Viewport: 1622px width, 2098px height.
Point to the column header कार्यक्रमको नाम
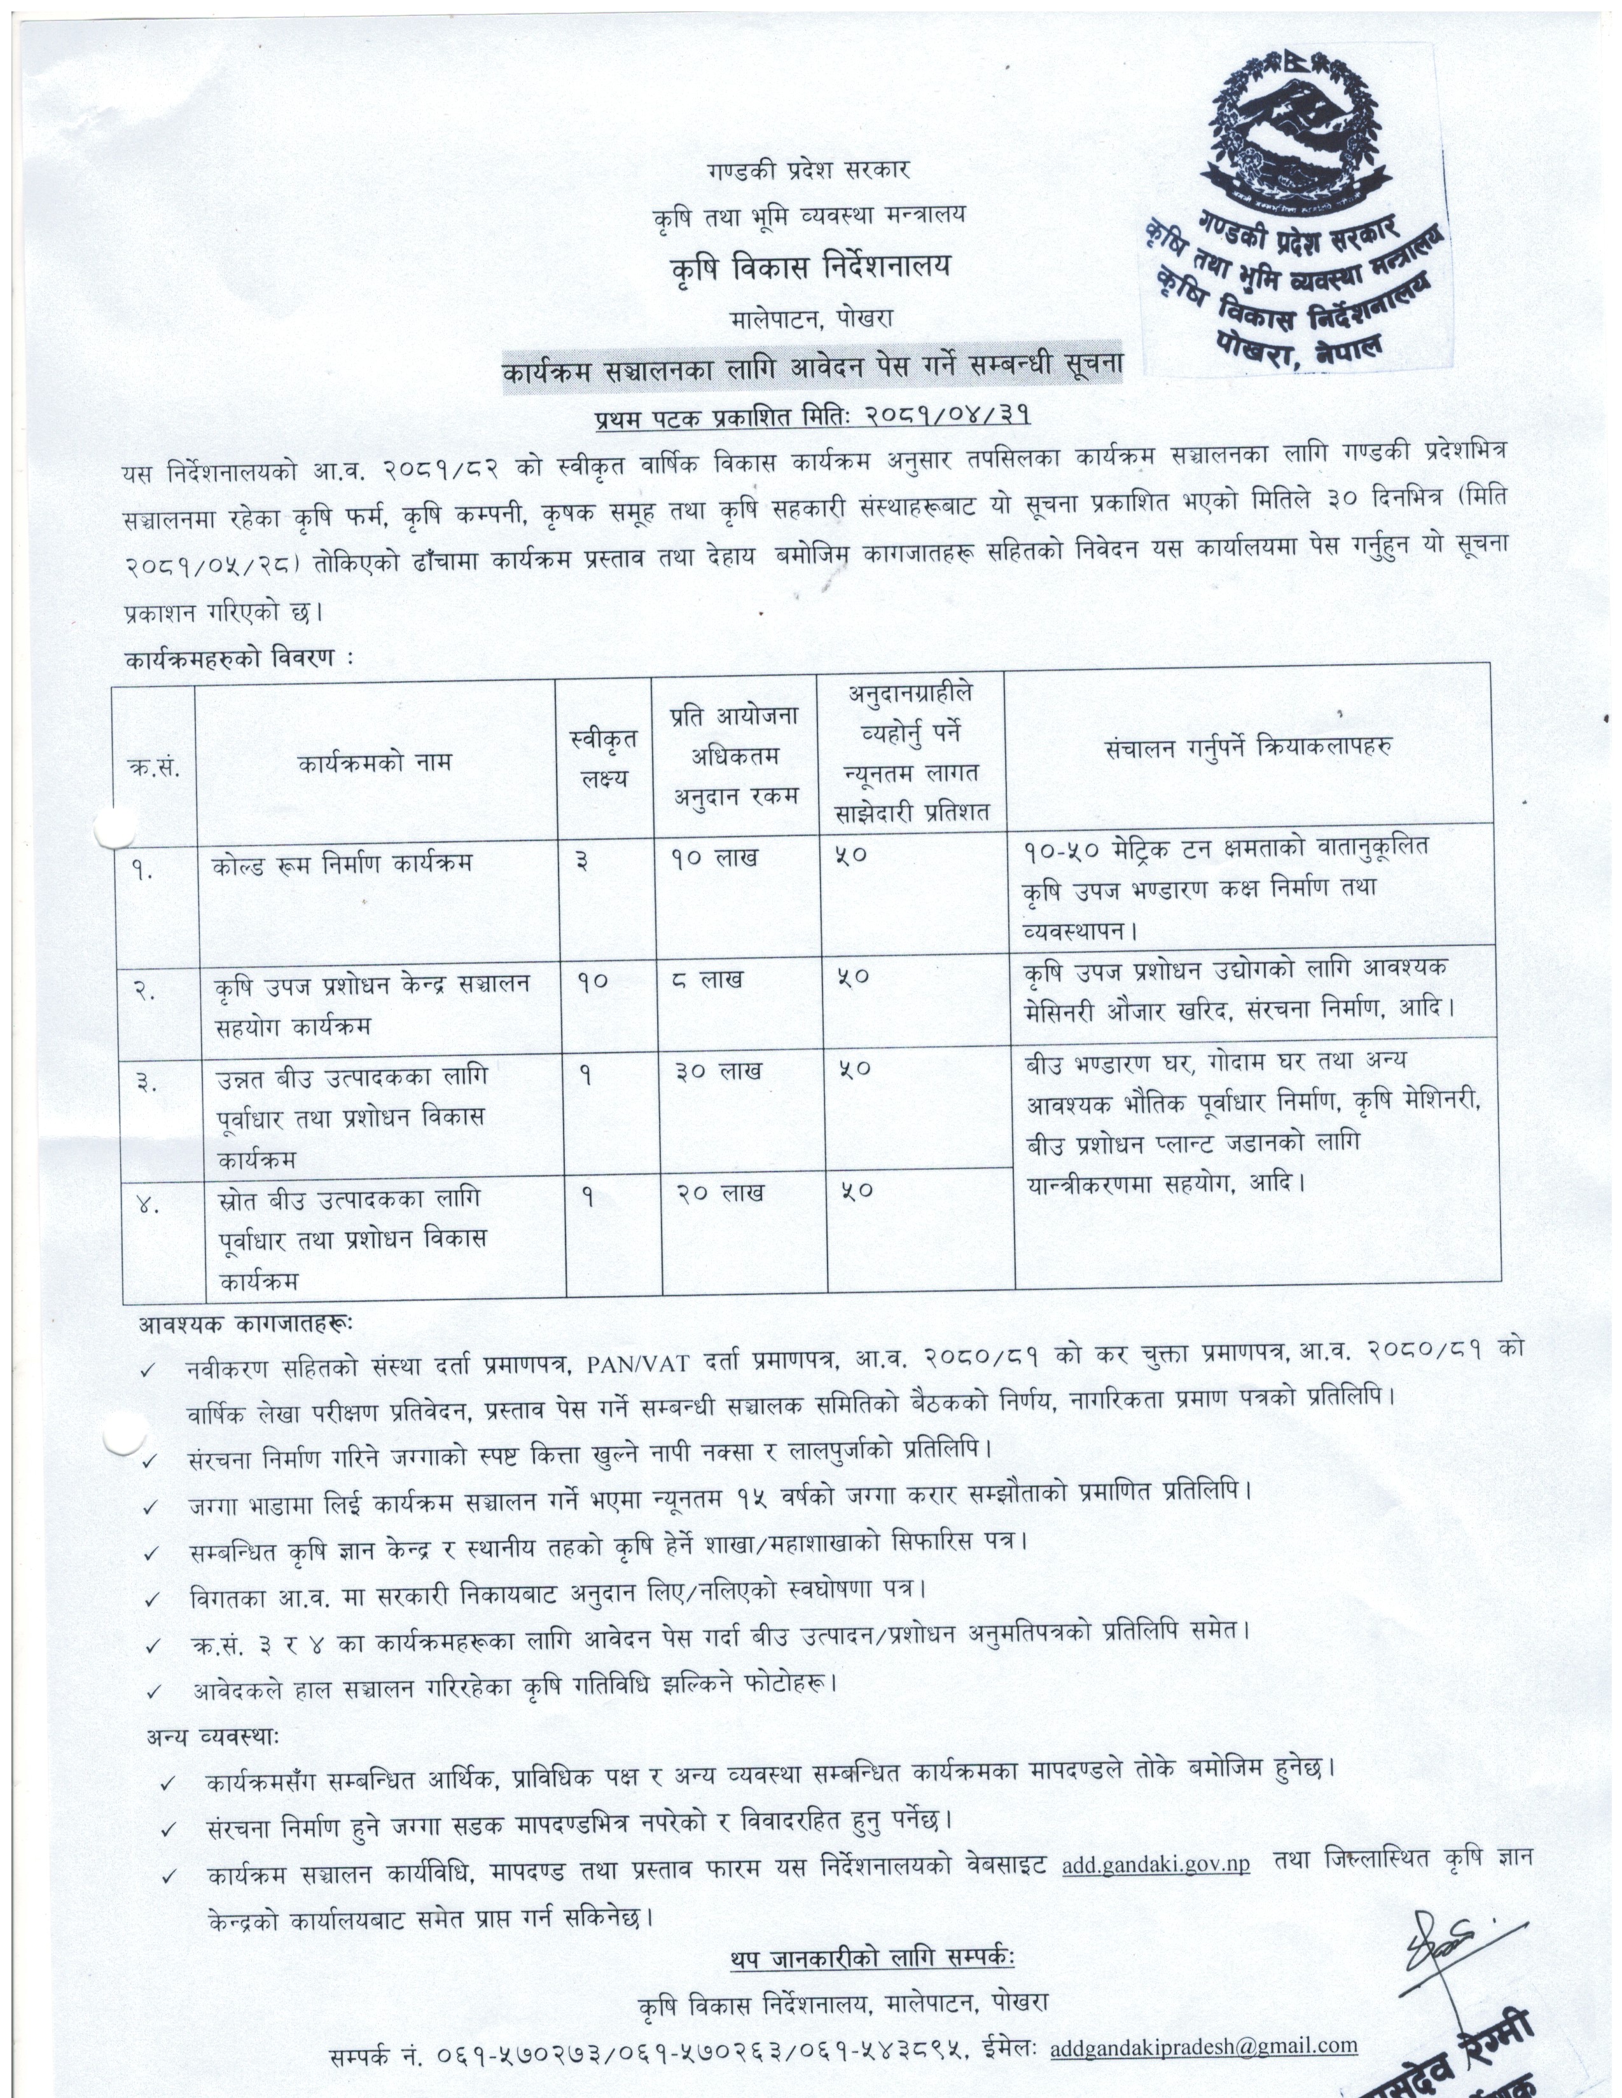[375, 763]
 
